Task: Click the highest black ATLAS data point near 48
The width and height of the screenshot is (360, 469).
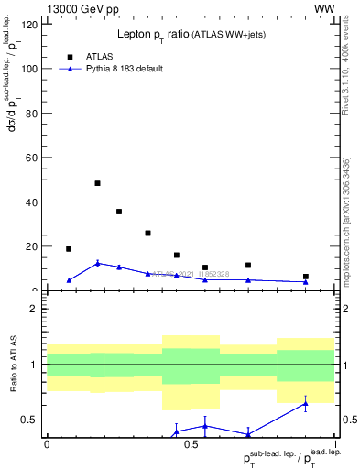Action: pos(97,183)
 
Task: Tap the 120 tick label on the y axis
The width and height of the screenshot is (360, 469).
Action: pos(31,24)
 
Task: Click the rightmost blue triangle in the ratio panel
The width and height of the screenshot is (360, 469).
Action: pos(306,403)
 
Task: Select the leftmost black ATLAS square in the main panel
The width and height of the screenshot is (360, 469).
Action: pos(69,249)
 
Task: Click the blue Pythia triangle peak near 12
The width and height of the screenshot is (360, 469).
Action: pos(97,263)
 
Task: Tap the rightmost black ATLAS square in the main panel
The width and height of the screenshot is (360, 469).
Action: pos(306,277)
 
